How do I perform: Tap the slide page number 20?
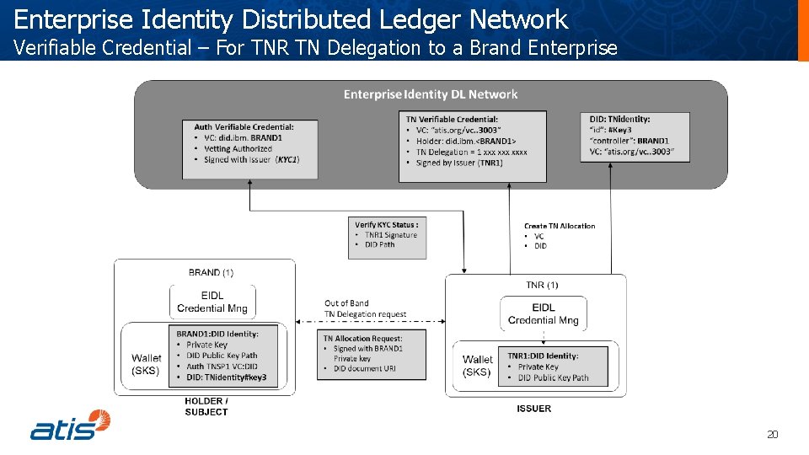(x=772, y=435)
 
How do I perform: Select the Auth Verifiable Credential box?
(x=250, y=149)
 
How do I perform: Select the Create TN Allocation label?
(x=559, y=227)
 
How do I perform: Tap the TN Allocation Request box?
(x=362, y=353)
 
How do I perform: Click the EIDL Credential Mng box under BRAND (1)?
(x=212, y=302)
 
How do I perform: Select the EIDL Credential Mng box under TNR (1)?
(x=544, y=313)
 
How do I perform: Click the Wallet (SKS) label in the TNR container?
(x=477, y=365)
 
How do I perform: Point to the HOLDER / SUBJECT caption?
(x=206, y=406)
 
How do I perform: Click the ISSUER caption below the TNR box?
(x=533, y=409)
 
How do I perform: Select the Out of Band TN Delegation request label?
(x=365, y=308)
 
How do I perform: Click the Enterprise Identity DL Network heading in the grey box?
(x=431, y=94)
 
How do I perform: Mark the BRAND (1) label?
(x=211, y=272)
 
